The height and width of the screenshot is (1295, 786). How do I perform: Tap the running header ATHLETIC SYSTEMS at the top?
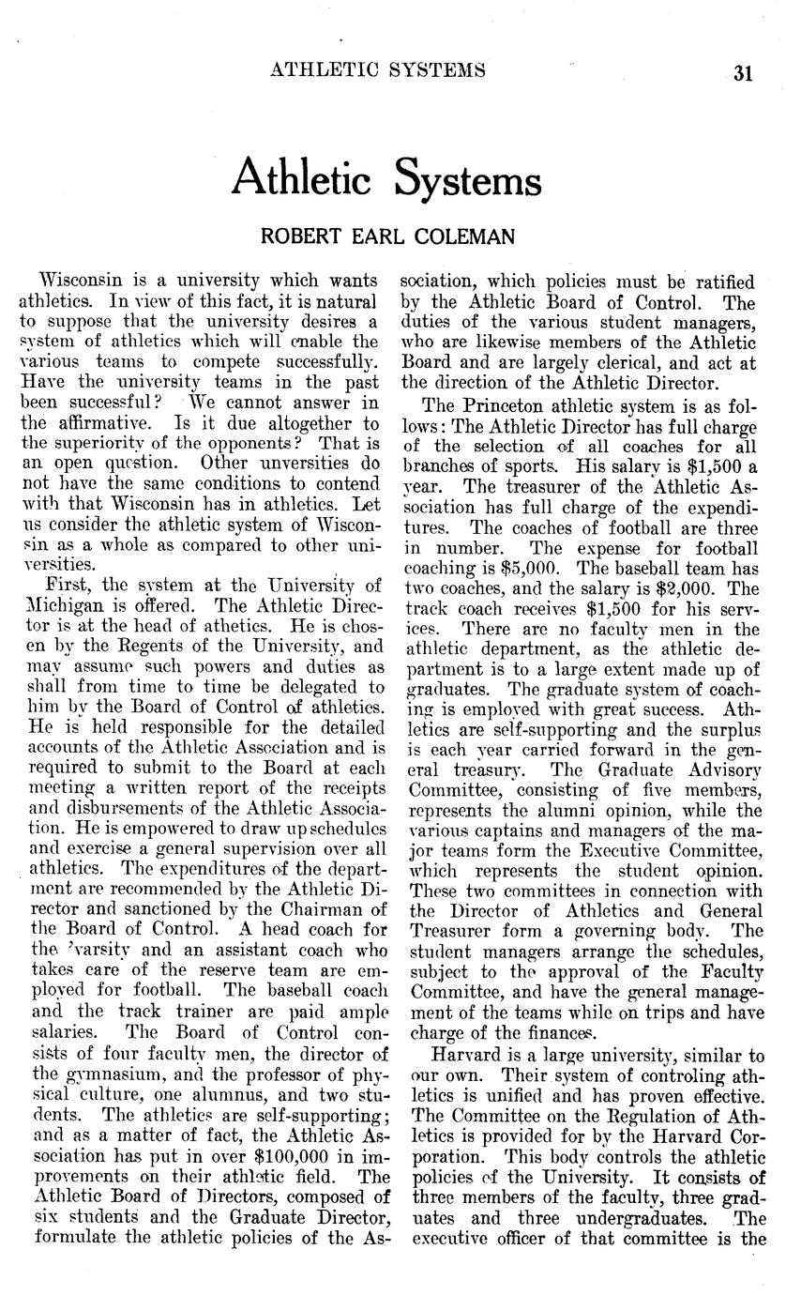click(x=378, y=69)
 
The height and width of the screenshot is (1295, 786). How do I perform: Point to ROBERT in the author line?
click(x=297, y=236)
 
